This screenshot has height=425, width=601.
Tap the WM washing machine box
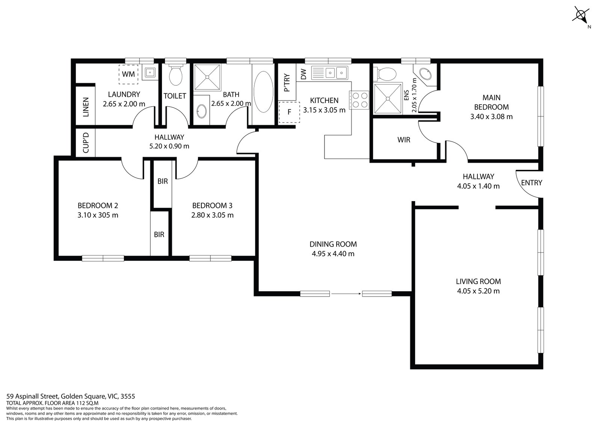(128, 74)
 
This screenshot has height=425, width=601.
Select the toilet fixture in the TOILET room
(175, 75)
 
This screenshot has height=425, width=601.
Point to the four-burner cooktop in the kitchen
(359, 100)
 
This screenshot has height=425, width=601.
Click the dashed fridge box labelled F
(289, 112)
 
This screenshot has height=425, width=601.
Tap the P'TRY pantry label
(287, 83)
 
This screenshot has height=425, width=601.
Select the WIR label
(404, 140)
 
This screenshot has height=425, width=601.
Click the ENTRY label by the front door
(532, 183)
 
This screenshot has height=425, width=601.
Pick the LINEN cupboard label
(86, 107)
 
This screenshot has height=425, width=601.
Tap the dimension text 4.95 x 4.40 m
(333, 254)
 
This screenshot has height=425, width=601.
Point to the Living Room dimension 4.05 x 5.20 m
(478, 291)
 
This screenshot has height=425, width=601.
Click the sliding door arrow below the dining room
(346, 294)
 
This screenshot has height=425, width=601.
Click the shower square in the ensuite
(387, 98)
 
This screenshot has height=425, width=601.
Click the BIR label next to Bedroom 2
(159, 234)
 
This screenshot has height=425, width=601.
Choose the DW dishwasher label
(304, 74)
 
